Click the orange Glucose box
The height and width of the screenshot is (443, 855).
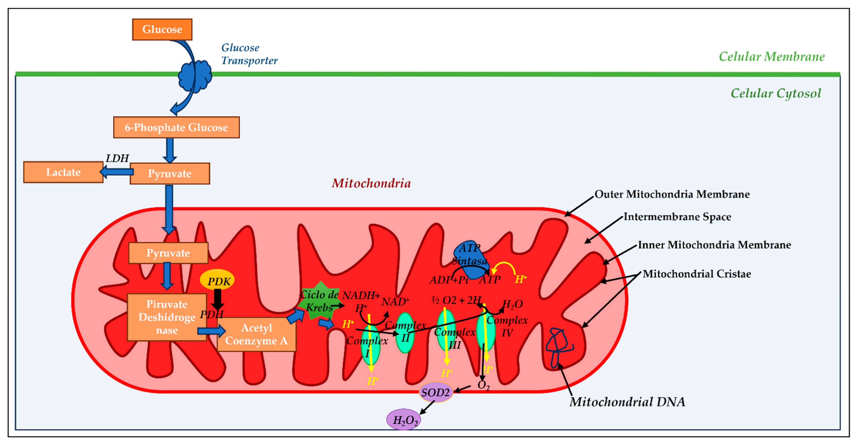[x=162, y=29]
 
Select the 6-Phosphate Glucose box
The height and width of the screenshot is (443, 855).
[x=176, y=127]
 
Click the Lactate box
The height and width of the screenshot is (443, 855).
[x=63, y=172]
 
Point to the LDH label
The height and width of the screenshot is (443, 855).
[x=117, y=158]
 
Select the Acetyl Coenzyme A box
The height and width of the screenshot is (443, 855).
[x=256, y=334]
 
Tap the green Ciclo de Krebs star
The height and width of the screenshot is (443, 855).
[x=319, y=301]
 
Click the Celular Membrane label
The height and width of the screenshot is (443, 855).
[x=771, y=57]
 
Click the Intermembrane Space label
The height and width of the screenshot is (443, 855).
[x=677, y=217]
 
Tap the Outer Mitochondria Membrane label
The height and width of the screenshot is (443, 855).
[x=672, y=194]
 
